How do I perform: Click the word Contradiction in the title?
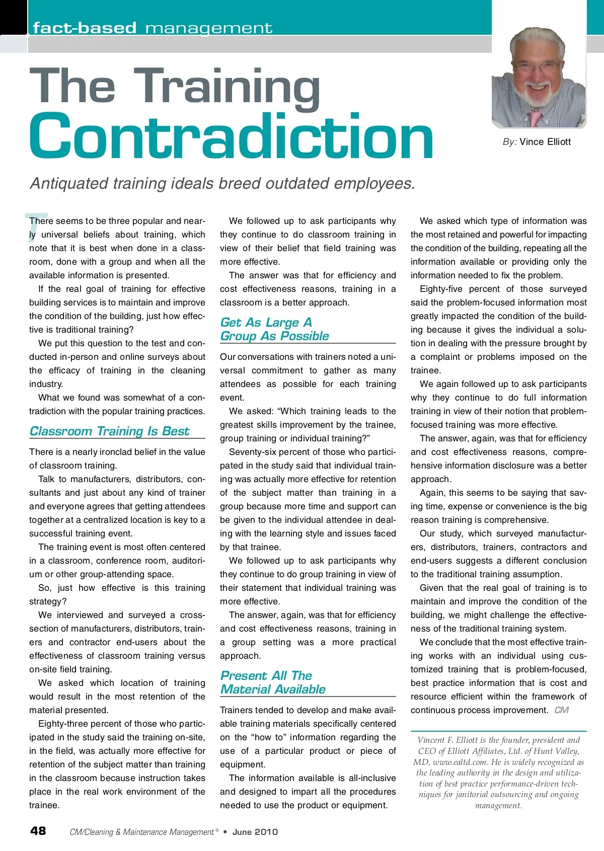tap(231, 136)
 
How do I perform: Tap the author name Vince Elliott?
tap(545, 142)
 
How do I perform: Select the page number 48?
tap(38, 830)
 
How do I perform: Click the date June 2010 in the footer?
tap(255, 832)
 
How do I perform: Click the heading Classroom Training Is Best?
tap(109, 431)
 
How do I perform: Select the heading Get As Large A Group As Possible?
tap(274, 329)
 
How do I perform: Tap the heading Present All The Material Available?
tap(273, 682)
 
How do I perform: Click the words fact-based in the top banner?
tap(85, 28)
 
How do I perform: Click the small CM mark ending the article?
tap(561, 710)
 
